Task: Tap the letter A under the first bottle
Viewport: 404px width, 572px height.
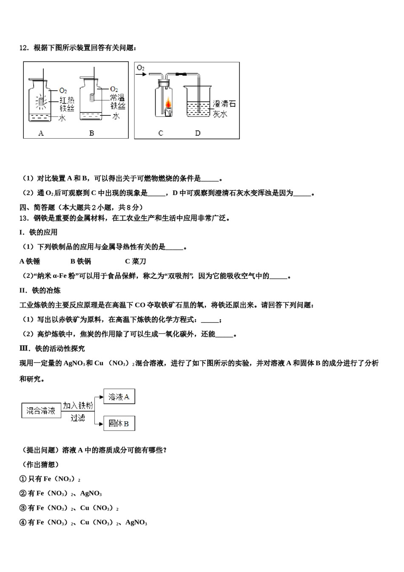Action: click(x=41, y=133)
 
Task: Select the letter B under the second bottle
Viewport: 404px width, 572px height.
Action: click(x=91, y=133)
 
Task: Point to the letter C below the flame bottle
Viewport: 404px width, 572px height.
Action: click(x=161, y=133)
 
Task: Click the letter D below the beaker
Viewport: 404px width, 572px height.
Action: click(x=198, y=133)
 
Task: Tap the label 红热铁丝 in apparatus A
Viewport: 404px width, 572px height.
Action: click(x=67, y=104)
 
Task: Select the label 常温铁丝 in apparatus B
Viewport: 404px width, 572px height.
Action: click(x=117, y=102)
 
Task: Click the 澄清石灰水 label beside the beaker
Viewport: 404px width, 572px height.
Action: click(x=224, y=109)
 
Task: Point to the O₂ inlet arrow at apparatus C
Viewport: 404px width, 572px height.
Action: click(x=142, y=74)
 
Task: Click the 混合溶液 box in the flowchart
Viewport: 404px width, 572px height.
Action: click(x=41, y=411)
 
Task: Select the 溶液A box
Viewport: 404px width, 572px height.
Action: click(x=119, y=397)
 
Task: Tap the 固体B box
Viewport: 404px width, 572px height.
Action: click(x=119, y=423)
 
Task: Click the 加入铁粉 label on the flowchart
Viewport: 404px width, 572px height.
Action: click(x=78, y=406)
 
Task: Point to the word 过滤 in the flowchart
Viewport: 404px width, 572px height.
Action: click(x=78, y=418)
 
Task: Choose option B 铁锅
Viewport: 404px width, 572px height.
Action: click(x=81, y=261)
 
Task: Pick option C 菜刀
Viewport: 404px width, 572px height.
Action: click(x=136, y=261)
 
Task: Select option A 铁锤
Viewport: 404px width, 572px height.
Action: click(x=30, y=261)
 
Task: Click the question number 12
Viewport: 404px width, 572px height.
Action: click(x=23, y=48)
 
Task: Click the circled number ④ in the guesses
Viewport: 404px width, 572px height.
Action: click(x=23, y=522)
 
